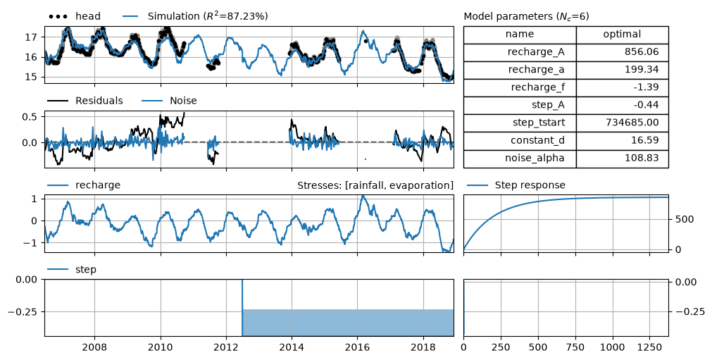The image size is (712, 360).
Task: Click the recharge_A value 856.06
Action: (x=642, y=51)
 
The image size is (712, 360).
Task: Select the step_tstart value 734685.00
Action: (x=632, y=123)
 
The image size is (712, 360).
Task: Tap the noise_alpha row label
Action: (x=535, y=159)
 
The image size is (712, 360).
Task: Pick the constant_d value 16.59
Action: (x=646, y=140)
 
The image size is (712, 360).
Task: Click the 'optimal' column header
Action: (x=622, y=34)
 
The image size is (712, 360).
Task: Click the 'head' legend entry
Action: (x=75, y=16)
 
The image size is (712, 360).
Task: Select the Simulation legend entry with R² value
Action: (x=195, y=16)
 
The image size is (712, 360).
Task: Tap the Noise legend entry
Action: (x=169, y=101)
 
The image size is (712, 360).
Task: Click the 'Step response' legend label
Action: (x=530, y=185)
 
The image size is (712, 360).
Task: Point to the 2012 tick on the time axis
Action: (x=226, y=348)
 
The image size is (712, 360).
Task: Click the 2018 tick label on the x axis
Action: (x=424, y=348)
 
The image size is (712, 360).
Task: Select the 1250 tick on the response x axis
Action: (x=650, y=348)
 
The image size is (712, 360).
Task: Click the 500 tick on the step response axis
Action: (x=685, y=219)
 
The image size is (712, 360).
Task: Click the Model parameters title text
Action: (x=526, y=17)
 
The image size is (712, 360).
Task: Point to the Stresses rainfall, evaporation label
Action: (x=375, y=185)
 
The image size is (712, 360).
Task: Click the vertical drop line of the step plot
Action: (x=242, y=308)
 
